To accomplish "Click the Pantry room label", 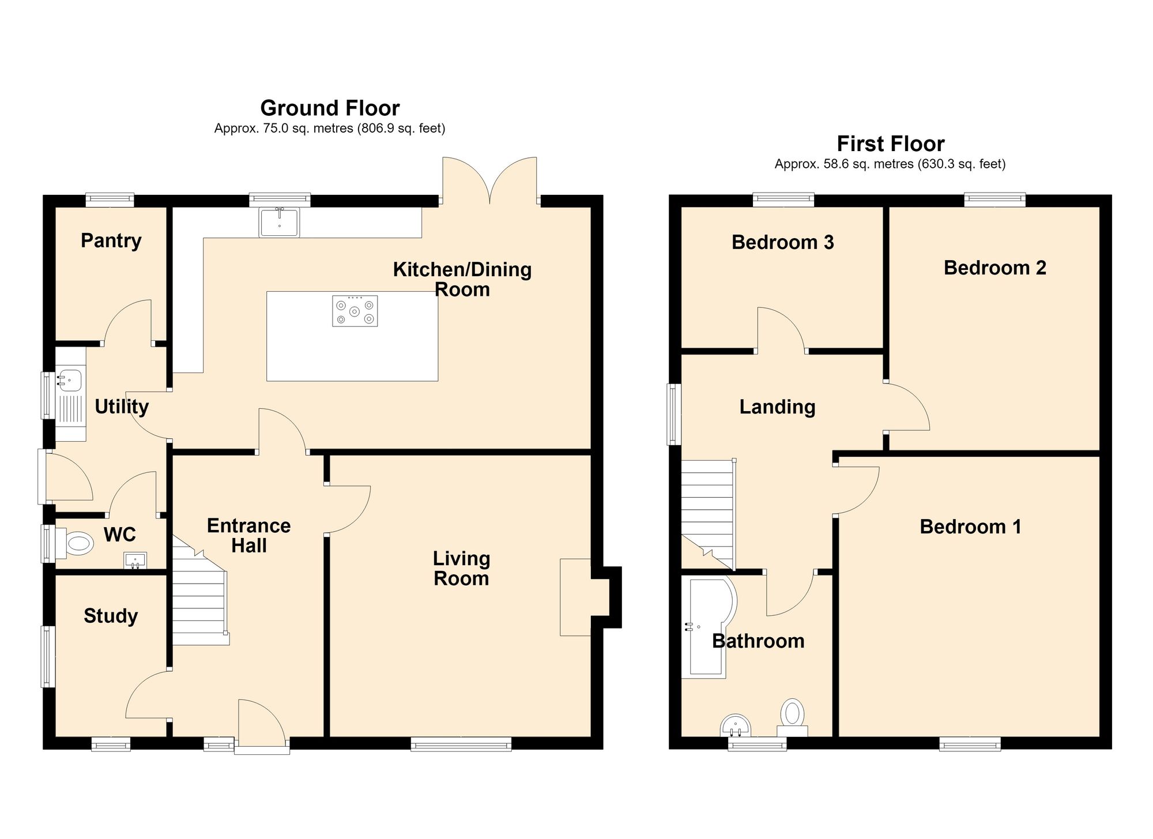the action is coord(111,241).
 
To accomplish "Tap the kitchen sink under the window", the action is coord(280,222).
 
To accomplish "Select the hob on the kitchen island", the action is coord(355,311).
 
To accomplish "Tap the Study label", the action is coord(111,616).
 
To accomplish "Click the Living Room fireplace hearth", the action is coord(575,597).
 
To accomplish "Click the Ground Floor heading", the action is coord(330,108).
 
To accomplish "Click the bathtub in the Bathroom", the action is coord(709,627).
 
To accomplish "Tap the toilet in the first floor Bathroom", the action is coord(793,717).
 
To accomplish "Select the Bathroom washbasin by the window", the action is coord(736,726).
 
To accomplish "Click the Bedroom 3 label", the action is coord(783,242).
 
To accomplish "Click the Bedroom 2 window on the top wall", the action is coord(995,200).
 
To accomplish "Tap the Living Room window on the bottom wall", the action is coord(461,744).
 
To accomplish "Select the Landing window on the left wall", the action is coord(673,414).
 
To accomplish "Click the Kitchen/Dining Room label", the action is coord(462,279).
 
